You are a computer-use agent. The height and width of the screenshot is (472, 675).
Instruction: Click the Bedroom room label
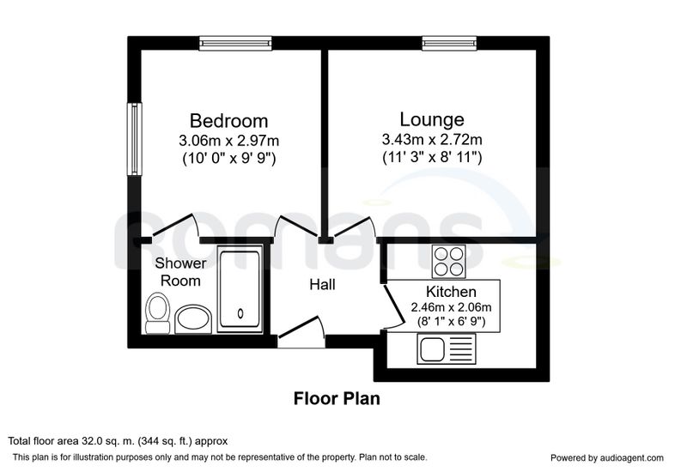tap(228, 121)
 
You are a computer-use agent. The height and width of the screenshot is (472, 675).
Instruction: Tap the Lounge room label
tap(432, 119)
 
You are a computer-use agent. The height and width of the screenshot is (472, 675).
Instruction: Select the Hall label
tap(322, 284)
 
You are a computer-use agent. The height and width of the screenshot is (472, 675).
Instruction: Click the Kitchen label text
tap(451, 292)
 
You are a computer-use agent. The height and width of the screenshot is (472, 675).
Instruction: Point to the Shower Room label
tap(180, 271)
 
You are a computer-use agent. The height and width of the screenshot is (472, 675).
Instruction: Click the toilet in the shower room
tap(157, 312)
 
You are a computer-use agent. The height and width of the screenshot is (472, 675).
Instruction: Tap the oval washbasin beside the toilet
tap(193, 319)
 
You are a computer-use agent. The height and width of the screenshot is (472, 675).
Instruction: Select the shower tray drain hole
tap(240, 313)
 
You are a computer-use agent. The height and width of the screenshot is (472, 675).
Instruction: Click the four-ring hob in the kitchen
tap(449, 262)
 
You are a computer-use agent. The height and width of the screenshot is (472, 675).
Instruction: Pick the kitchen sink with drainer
tap(447, 349)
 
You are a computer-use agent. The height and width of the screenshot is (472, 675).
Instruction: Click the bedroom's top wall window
tap(235, 43)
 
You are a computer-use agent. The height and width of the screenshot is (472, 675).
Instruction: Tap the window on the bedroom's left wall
tap(134, 139)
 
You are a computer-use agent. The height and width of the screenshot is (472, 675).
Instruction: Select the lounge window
tap(449, 43)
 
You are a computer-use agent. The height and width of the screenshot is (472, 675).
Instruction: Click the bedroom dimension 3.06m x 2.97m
tap(228, 140)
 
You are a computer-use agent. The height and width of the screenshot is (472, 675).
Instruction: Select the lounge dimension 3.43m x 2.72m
tap(432, 139)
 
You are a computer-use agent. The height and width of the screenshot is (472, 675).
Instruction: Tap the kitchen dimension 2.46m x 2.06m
tap(451, 307)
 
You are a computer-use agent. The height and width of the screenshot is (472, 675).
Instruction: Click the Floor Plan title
tap(337, 398)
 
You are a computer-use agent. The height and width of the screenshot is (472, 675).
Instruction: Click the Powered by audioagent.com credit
tap(607, 457)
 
